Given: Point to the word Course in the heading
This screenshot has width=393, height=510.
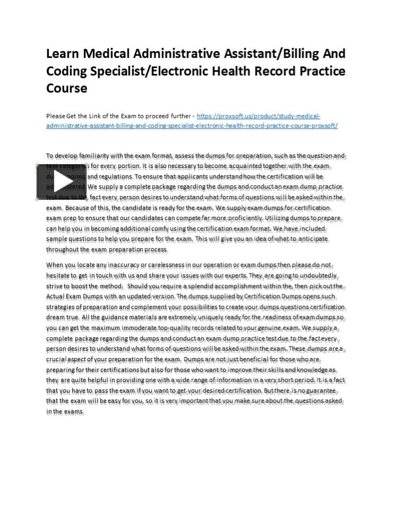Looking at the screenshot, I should coord(67,88).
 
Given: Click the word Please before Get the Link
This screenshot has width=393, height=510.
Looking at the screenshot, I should coord(56,116).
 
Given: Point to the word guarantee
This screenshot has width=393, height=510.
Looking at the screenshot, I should coord(320,390).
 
